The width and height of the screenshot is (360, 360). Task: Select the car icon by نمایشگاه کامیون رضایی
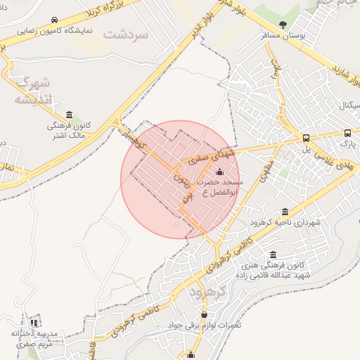pyautogui.click(x=55, y=20)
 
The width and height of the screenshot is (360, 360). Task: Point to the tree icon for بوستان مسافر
pyautogui.click(x=283, y=25)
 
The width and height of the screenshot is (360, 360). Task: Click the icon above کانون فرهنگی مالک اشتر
pyautogui.click(x=69, y=115)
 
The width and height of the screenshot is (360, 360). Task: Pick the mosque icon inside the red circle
pyautogui.click(x=219, y=172)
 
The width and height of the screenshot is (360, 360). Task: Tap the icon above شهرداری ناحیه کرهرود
pyautogui.click(x=285, y=212)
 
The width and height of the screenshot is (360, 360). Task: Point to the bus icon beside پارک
pyautogui.click(x=347, y=133)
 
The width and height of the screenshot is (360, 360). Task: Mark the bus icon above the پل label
pyautogui.click(x=306, y=138)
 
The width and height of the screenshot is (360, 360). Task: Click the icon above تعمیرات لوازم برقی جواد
pyautogui.click(x=205, y=314)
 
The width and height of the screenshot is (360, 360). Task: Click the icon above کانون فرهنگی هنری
pyautogui.click(x=273, y=255)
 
